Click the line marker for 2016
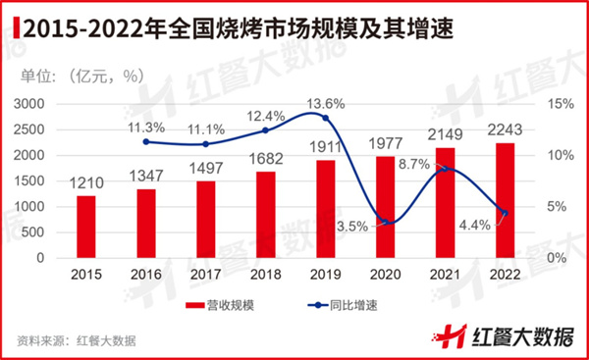[x=146, y=142]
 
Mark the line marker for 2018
[x=265, y=130]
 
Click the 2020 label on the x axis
[x=385, y=275]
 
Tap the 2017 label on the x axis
[x=206, y=275]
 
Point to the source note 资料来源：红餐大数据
[x=76, y=340]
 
